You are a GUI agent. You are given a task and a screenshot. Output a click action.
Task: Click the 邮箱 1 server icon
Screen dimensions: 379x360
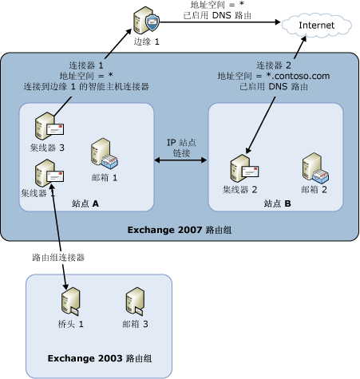pyautogui.click(x=103, y=152)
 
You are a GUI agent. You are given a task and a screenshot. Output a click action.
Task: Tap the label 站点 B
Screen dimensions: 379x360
pyautogui.click(x=278, y=204)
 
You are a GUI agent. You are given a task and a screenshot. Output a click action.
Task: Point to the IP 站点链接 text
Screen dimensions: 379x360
pyautogui.click(x=181, y=147)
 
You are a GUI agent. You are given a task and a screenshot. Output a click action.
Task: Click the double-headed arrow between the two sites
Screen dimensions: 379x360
pyautogui.click(x=180, y=162)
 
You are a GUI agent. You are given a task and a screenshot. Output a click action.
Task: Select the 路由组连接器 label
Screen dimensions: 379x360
pyautogui.click(x=58, y=258)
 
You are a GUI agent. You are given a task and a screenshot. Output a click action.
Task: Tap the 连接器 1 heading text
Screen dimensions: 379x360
pyautogui.click(x=89, y=64)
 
